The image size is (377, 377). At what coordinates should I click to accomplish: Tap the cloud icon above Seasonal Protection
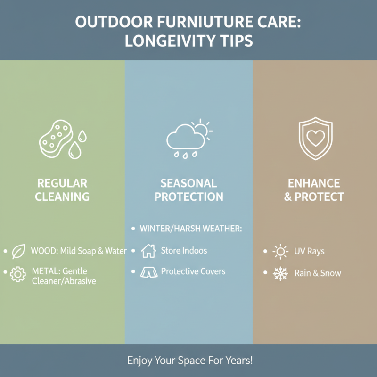[183, 138]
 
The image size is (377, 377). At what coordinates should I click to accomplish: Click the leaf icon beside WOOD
[18, 252]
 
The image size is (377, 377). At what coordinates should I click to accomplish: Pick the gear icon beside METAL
[18, 274]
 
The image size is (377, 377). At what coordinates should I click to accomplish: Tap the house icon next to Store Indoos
[148, 251]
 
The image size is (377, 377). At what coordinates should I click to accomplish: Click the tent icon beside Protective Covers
[148, 272]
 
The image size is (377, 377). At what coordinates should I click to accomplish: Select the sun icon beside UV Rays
[280, 252]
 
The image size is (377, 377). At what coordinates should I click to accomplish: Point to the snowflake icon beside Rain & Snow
[280, 273]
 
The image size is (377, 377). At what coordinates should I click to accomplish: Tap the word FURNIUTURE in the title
[210, 22]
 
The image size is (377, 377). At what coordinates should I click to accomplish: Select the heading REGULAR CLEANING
[62, 190]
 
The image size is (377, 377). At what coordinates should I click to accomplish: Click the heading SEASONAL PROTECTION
[188, 190]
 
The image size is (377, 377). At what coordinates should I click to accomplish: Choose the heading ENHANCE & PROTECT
[314, 190]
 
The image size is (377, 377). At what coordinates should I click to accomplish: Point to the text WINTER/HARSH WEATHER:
[191, 229]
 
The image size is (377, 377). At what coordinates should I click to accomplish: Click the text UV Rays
[309, 252]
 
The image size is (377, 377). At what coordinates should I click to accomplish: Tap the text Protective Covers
[193, 271]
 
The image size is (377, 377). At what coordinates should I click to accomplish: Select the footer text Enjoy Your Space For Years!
[190, 361]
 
